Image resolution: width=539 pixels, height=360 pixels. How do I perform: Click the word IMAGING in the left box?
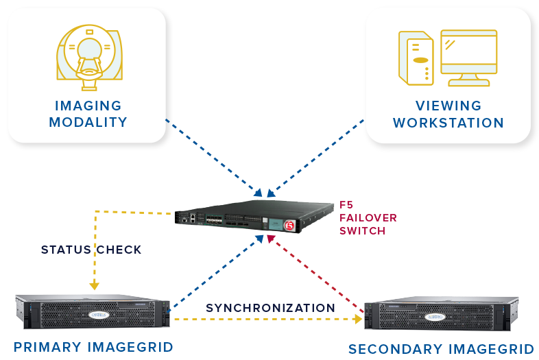click(x=88, y=106)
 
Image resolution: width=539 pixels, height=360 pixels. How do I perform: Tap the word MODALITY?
click(x=88, y=123)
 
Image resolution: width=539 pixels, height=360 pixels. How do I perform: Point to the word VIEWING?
click(x=448, y=106)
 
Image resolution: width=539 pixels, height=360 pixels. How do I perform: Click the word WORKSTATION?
click(x=448, y=123)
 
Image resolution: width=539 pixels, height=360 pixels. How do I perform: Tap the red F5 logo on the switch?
click(x=289, y=224)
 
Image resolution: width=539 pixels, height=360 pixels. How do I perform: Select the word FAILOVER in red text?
click(x=368, y=218)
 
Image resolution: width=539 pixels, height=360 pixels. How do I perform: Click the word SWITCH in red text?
click(x=362, y=231)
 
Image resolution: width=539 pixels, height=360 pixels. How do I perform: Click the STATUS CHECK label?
click(x=91, y=250)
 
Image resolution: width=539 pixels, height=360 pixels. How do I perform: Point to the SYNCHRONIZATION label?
click(x=270, y=308)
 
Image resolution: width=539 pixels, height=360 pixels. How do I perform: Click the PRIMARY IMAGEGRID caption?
click(x=93, y=346)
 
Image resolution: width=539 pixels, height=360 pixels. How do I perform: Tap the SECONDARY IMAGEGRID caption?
click(x=440, y=349)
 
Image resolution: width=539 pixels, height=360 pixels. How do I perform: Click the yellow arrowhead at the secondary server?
click(x=358, y=319)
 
